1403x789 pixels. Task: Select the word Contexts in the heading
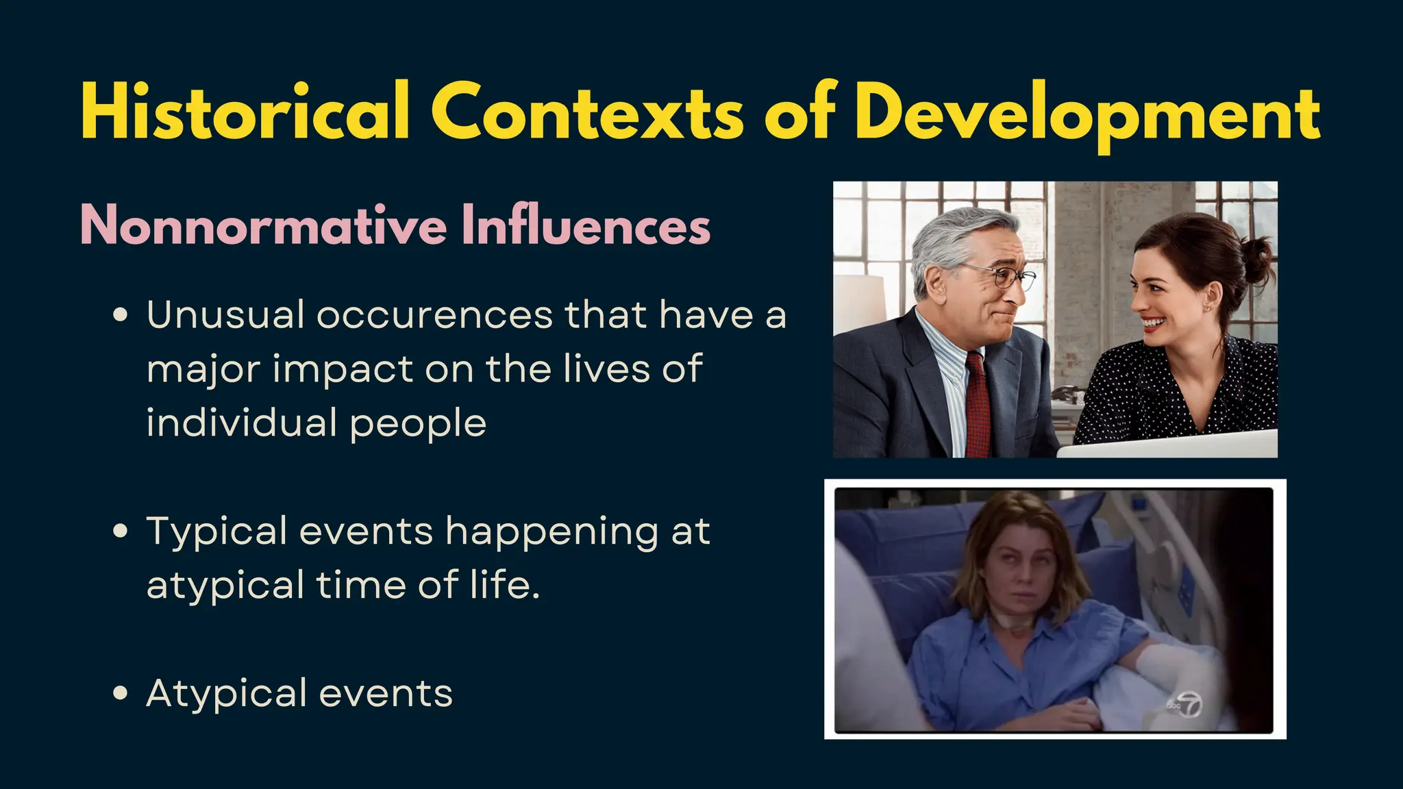tap(586, 112)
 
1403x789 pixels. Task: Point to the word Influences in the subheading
tap(586, 225)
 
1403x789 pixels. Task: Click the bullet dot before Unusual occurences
tap(121, 316)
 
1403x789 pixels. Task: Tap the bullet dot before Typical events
tap(121, 531)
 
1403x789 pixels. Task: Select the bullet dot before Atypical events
tap(121, 693)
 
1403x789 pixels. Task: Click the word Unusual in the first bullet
tap(225, 316)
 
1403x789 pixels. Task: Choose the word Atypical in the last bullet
tap(227, 693)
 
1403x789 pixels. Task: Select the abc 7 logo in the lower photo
tap(1185, 705)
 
